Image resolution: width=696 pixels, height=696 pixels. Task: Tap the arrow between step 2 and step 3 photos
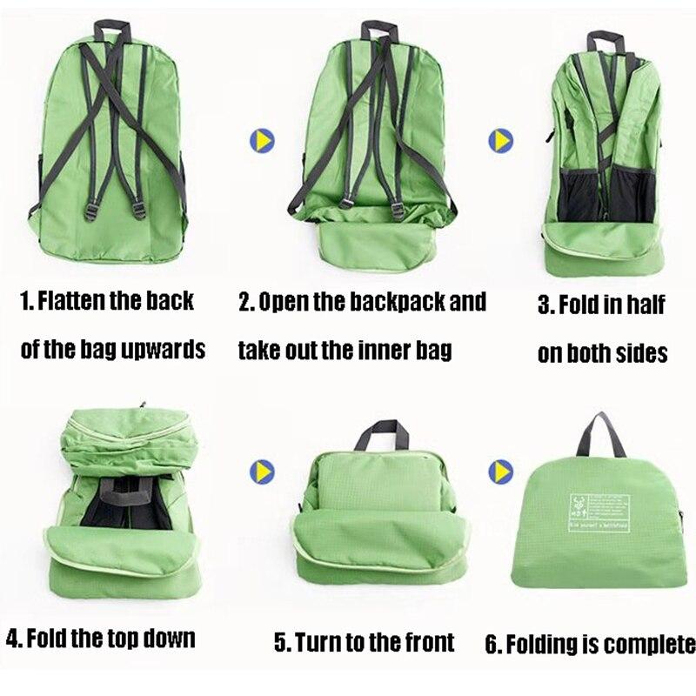(x=499, y=140)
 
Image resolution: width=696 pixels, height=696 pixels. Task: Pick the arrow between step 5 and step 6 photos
(x=499, y=471)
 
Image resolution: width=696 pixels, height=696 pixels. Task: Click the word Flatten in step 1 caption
(x=77, y=302)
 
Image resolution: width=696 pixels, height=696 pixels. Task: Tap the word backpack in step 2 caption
(x=396, y=302)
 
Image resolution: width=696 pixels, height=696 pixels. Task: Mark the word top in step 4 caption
(x=132, y=638)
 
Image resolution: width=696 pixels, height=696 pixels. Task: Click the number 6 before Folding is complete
(x=492, y=645)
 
